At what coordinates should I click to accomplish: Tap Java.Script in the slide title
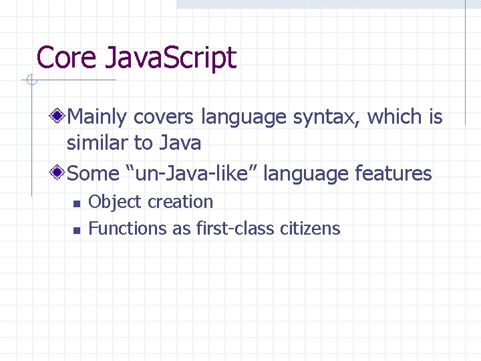pos(170,59)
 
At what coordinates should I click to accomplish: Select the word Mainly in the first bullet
pos(98,117)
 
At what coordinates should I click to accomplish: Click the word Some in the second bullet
pos(94,174)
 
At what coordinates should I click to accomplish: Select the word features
pos(393,174)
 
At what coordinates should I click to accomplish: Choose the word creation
pos(180,202)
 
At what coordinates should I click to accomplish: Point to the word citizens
pos(310,229)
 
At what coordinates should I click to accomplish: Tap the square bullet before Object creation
pos(76,203)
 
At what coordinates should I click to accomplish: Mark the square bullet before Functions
pos(76,230)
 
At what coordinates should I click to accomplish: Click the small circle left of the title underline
pos(31,81)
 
